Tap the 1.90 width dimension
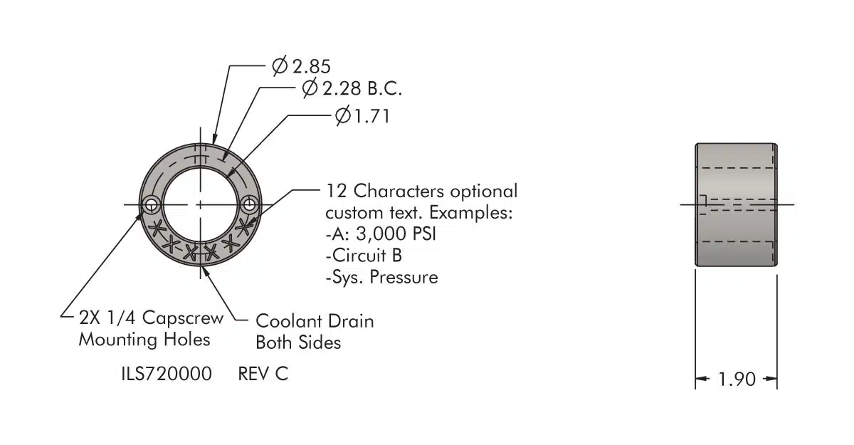(x=737, y=379)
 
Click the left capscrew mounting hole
(x=152, y=205)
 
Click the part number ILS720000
(x=167, y=374)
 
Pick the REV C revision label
(x=263, y=374)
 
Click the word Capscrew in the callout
(x=182, y=318)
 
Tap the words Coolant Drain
(x=315, y=321)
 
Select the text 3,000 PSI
(x=396, y=234)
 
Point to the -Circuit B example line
(x=364, y=256)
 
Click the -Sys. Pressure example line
(x=381, y=277)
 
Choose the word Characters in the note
(x=399, y=191)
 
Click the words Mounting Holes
(x=144, y=340)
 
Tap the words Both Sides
(x=298, y=342)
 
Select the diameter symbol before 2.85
(x=280, y=66)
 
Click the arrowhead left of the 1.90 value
(x=702, y=379)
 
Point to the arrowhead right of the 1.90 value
(x=770, y=379)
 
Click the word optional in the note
(x=484, y=192)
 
